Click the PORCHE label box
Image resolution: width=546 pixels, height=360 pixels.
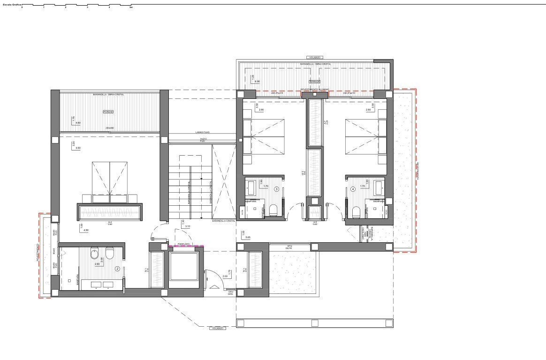pos(108,112)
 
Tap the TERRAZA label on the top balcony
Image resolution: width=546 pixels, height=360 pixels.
pos(308,82)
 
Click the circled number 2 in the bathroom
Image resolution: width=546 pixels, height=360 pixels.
pos(118,269)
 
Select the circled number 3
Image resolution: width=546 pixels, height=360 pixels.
pos(277,189)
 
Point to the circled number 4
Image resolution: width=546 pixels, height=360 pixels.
pos(353,189)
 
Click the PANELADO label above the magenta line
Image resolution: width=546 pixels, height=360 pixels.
pos(183,244)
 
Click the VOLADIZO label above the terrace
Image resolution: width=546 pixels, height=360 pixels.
pos(315,57)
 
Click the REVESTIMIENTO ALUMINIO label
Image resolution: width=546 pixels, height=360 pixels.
pos(315,89)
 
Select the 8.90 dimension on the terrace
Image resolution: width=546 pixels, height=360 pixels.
pos(257,82)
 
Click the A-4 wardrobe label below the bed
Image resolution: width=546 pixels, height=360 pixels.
pos(110,222)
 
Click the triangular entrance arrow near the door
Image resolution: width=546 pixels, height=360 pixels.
pos(214,286)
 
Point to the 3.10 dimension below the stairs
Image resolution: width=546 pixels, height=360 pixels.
pos(188,226)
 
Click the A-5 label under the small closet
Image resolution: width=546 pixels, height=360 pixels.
pos(315,222)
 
